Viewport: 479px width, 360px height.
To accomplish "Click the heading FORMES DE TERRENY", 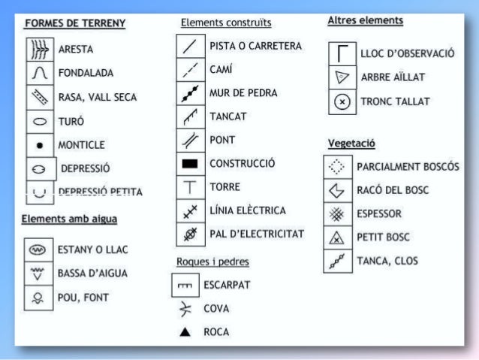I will (75, 24).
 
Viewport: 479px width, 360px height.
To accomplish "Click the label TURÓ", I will (71, 121).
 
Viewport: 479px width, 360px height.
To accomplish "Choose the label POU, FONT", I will (83, 298).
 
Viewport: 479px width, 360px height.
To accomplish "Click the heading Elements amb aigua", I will (69, 219).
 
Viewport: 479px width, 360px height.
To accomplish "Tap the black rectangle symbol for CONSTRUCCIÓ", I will (189, 163).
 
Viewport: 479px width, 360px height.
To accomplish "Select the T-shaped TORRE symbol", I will (189, 186).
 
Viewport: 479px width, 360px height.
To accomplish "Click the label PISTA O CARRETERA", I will (255, 46).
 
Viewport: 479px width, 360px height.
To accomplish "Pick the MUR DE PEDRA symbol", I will (189, 93).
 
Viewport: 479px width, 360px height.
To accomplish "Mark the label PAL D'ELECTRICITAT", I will (257, 234).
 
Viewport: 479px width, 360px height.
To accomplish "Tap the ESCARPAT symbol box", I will (184, 286).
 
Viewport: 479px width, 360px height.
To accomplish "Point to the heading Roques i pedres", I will (212, 262).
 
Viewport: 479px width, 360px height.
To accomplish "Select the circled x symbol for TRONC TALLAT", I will (342, 101).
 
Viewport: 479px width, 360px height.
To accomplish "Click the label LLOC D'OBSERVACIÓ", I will (408, 53).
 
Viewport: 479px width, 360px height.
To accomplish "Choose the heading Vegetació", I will (351, 143).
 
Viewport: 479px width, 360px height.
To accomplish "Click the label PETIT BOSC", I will (383, 237).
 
